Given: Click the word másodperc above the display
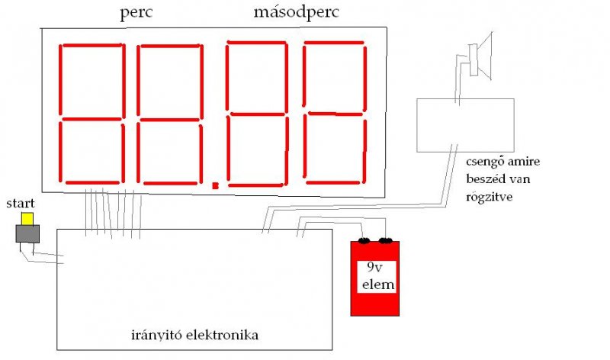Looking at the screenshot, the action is tap(297, 14).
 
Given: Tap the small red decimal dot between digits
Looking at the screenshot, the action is tap(215, 185).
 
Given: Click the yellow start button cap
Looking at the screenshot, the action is tap(27, 219).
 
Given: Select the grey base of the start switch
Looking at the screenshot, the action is tap(27, 234).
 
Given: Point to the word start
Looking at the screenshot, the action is tap(21, 204).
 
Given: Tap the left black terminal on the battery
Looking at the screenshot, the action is tap(364, 241).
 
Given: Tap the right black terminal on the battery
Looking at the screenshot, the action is tap(387, 241).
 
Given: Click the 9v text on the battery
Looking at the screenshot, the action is tap(374, 267).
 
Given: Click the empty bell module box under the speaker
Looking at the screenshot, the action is tap(466, 124).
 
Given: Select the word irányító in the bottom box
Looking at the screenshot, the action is tap(152, 335).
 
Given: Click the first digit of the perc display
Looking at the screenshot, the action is tap(92, 114).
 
